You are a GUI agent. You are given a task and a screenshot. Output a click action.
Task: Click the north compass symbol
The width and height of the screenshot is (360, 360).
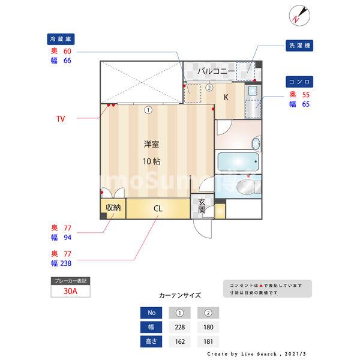300,15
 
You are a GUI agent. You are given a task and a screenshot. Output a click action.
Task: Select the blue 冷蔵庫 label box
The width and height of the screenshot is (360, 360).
63,40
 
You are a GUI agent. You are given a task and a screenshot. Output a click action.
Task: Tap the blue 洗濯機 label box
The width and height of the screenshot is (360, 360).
301,46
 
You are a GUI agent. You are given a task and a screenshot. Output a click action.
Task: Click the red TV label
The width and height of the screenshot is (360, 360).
61,119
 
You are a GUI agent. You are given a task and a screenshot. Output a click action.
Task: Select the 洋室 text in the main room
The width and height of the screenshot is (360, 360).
151,145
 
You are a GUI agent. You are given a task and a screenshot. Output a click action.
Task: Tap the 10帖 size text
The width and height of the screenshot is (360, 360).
151,161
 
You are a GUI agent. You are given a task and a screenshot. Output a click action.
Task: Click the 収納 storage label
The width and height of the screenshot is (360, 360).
113,208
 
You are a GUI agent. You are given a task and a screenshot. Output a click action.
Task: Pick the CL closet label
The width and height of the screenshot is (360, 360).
158,209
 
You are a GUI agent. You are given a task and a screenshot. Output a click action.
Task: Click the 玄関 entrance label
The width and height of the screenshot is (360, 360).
202,206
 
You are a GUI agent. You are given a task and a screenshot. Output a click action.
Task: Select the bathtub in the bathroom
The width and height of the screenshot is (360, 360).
238,162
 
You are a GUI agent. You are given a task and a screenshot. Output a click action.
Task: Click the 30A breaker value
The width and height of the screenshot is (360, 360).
70,292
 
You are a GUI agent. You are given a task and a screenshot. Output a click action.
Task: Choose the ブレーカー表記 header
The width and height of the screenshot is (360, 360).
70,281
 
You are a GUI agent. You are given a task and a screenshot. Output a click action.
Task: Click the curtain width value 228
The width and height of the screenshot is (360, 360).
179,328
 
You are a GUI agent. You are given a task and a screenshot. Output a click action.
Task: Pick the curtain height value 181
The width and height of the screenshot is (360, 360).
208,343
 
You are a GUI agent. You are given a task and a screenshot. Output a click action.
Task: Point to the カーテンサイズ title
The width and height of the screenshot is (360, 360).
179,295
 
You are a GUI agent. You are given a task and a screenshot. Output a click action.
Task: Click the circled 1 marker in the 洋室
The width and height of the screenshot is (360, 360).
148,110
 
